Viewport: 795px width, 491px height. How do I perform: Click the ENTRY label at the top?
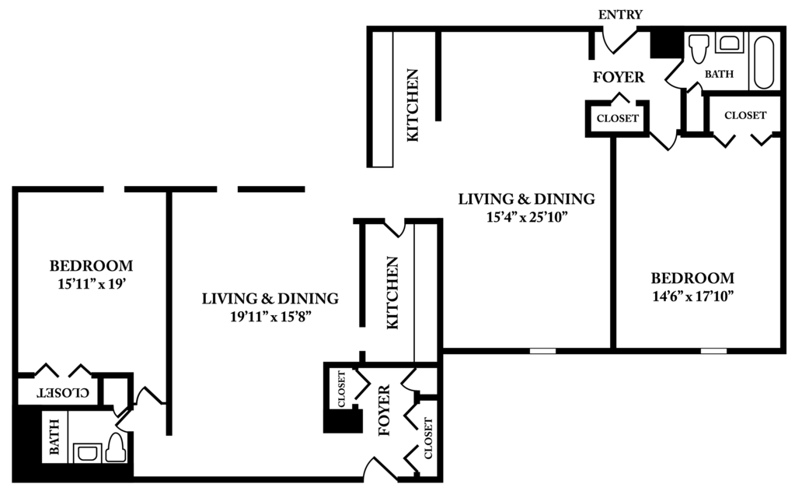[x=620, y=15]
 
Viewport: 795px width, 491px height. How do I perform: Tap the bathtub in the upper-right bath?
[x=764, y=61]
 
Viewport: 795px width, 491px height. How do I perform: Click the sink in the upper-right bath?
[x=730, y=43]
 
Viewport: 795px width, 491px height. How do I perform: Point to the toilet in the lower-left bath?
[x=117, y=447]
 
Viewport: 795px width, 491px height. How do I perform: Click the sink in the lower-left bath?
[x=88, y=453]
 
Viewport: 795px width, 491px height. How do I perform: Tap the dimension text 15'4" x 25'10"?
[x=526, y=217]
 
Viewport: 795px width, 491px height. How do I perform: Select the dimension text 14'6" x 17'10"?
[x=692, y=296]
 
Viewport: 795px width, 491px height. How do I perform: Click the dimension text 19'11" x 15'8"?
[x=270, y=317]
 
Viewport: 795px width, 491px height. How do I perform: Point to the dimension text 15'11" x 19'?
[x=91, y=284]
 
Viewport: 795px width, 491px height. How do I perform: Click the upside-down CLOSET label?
[x=64, y=392]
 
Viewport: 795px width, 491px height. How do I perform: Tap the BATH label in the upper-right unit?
[x=719, y=74]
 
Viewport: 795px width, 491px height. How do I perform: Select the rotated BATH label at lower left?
[x=54, y=437]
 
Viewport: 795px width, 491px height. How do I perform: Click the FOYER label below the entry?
[x=619, y=77]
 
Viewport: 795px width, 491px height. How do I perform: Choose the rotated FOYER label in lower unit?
[x=384, y=410]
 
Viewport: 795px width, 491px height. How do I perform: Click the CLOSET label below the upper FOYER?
[x=617, y=118]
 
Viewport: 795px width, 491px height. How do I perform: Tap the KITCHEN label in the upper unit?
[x=412, y=105]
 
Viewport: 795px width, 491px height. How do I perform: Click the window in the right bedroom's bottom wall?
[x=713, y=351]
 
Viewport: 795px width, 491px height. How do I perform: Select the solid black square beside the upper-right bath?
[x=667, y=44]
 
